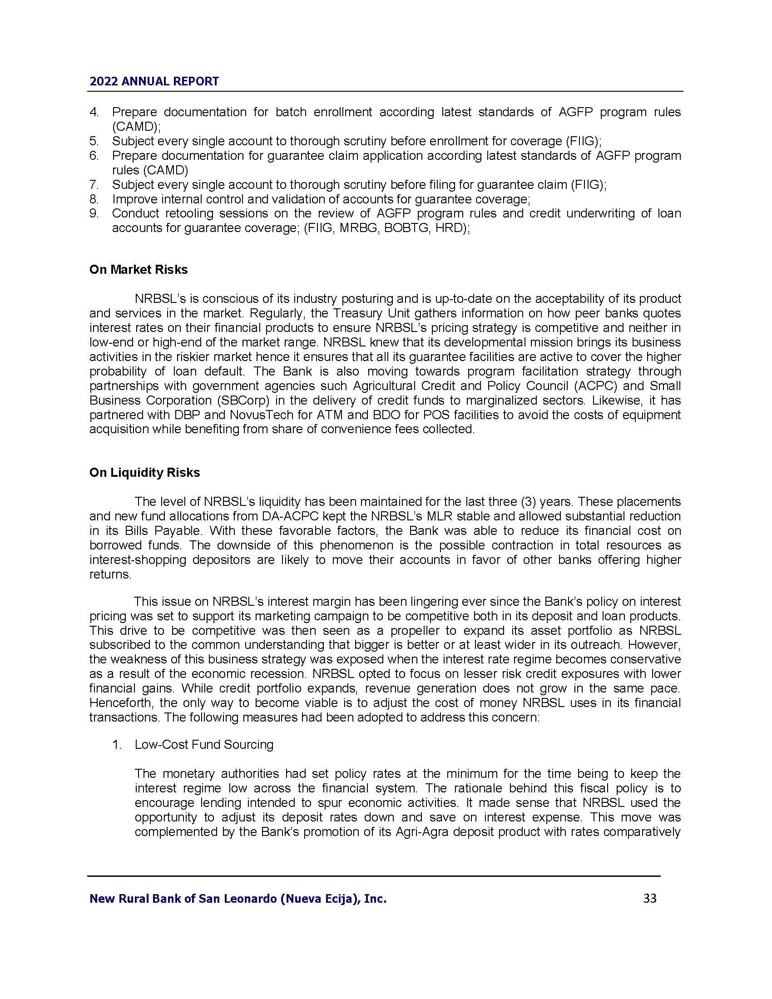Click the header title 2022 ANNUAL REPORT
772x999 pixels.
154,81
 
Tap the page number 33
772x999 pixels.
650,898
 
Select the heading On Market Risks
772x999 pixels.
138,270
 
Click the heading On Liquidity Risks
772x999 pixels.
144,473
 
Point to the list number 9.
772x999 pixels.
94,213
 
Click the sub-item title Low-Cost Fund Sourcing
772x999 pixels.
204,745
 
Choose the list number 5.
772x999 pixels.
94,141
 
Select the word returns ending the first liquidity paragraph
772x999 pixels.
110,574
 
